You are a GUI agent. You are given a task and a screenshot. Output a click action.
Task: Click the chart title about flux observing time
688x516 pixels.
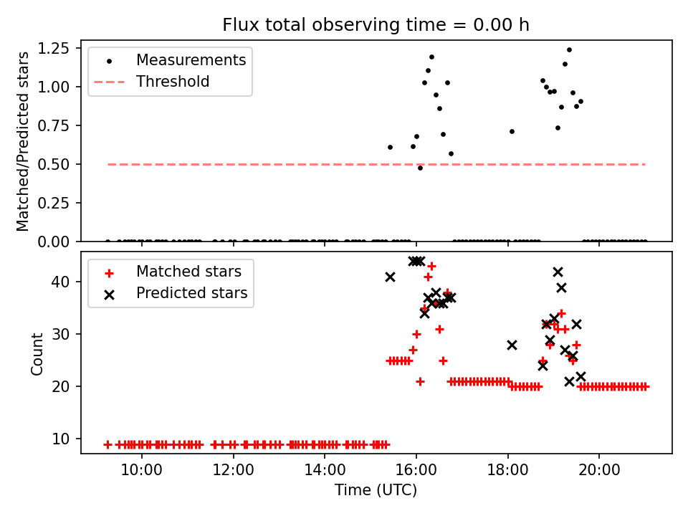(376, 25)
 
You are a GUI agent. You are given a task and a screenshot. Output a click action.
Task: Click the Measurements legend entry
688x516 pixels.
(191, 59)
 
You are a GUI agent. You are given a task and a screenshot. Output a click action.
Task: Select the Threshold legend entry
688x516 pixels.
(173, 82)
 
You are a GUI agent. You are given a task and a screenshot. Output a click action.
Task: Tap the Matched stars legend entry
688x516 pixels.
(189, 272)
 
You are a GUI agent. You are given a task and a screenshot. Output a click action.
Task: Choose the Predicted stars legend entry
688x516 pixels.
(192, 293)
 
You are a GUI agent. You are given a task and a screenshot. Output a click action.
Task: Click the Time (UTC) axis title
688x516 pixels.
(376, 490)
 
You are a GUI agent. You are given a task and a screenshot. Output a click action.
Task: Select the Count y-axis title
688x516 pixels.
(37, 353)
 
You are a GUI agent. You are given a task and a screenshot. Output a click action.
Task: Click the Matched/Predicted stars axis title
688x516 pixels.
(23, 140)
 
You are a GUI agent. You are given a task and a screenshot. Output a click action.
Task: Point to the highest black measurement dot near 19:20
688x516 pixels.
(569, 49)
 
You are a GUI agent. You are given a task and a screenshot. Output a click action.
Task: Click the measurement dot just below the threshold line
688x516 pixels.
(420, 168)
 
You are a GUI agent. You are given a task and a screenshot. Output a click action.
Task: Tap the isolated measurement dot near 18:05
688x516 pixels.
(512, 131)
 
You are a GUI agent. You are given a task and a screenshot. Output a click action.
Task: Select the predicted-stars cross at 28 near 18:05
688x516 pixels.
(512, 345)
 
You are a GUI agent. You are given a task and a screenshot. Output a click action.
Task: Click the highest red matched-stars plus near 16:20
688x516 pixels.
(431, 266)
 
